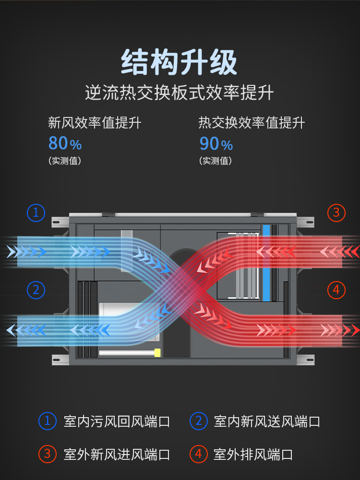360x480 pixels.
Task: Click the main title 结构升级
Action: click(x=179, y=62)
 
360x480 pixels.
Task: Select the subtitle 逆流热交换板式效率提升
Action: click(x=179, y=93)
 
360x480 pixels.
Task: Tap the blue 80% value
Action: click(x=65, y=143)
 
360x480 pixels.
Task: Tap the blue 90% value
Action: click(x=216, y=143)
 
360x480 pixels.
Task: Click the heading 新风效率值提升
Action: click(x=95, y=123)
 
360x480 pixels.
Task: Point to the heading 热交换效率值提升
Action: click(x=252, y=123)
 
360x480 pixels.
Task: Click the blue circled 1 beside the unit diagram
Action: click(x=36, y=213)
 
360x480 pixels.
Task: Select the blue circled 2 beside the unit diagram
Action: click(x=36, y=290)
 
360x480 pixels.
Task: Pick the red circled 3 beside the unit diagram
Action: click(x=336, y=213)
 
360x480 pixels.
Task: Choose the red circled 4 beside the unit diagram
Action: click(x=336, y=290)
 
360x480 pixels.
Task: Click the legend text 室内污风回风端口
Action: click(x=117, y=421)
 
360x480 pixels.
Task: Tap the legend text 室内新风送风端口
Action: click(x=267, y=421)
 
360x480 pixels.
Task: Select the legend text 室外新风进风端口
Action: click(x=117, y=454)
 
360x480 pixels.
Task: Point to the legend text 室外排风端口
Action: click(x=253, y=454)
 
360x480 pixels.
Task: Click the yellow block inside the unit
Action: click(x=157, y=352)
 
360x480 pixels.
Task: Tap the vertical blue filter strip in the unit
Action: click(x=266, y=263)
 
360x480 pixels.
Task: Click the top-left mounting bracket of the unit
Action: click(x=60, y=222)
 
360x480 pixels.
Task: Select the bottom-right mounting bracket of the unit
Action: click(x=305, y=360)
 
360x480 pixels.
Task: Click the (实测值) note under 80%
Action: click(x=65, y=161)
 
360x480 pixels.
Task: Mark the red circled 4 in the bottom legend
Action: click(x=199, y=454)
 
